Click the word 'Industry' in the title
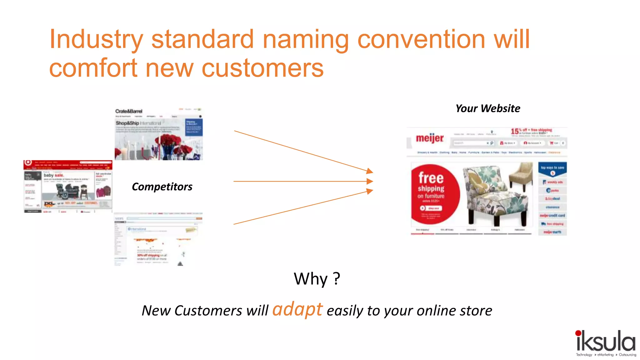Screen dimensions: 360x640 pos(96,40)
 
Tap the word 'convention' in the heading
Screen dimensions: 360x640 pos(421,40)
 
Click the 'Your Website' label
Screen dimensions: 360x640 pos(487,108)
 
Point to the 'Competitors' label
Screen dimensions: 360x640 pos(162,187)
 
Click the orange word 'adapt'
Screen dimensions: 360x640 pos(297,309)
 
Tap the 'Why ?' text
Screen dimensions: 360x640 pos(317,278)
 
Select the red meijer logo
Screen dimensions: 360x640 pos(429,138)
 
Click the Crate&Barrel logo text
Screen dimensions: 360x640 pos(128,111)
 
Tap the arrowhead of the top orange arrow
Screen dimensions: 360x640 pos(370,171)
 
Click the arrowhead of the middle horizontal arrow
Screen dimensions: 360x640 pos(370,181)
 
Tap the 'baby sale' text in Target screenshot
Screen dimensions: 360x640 pos(53,175)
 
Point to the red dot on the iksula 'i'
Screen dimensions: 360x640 pos(578,333)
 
